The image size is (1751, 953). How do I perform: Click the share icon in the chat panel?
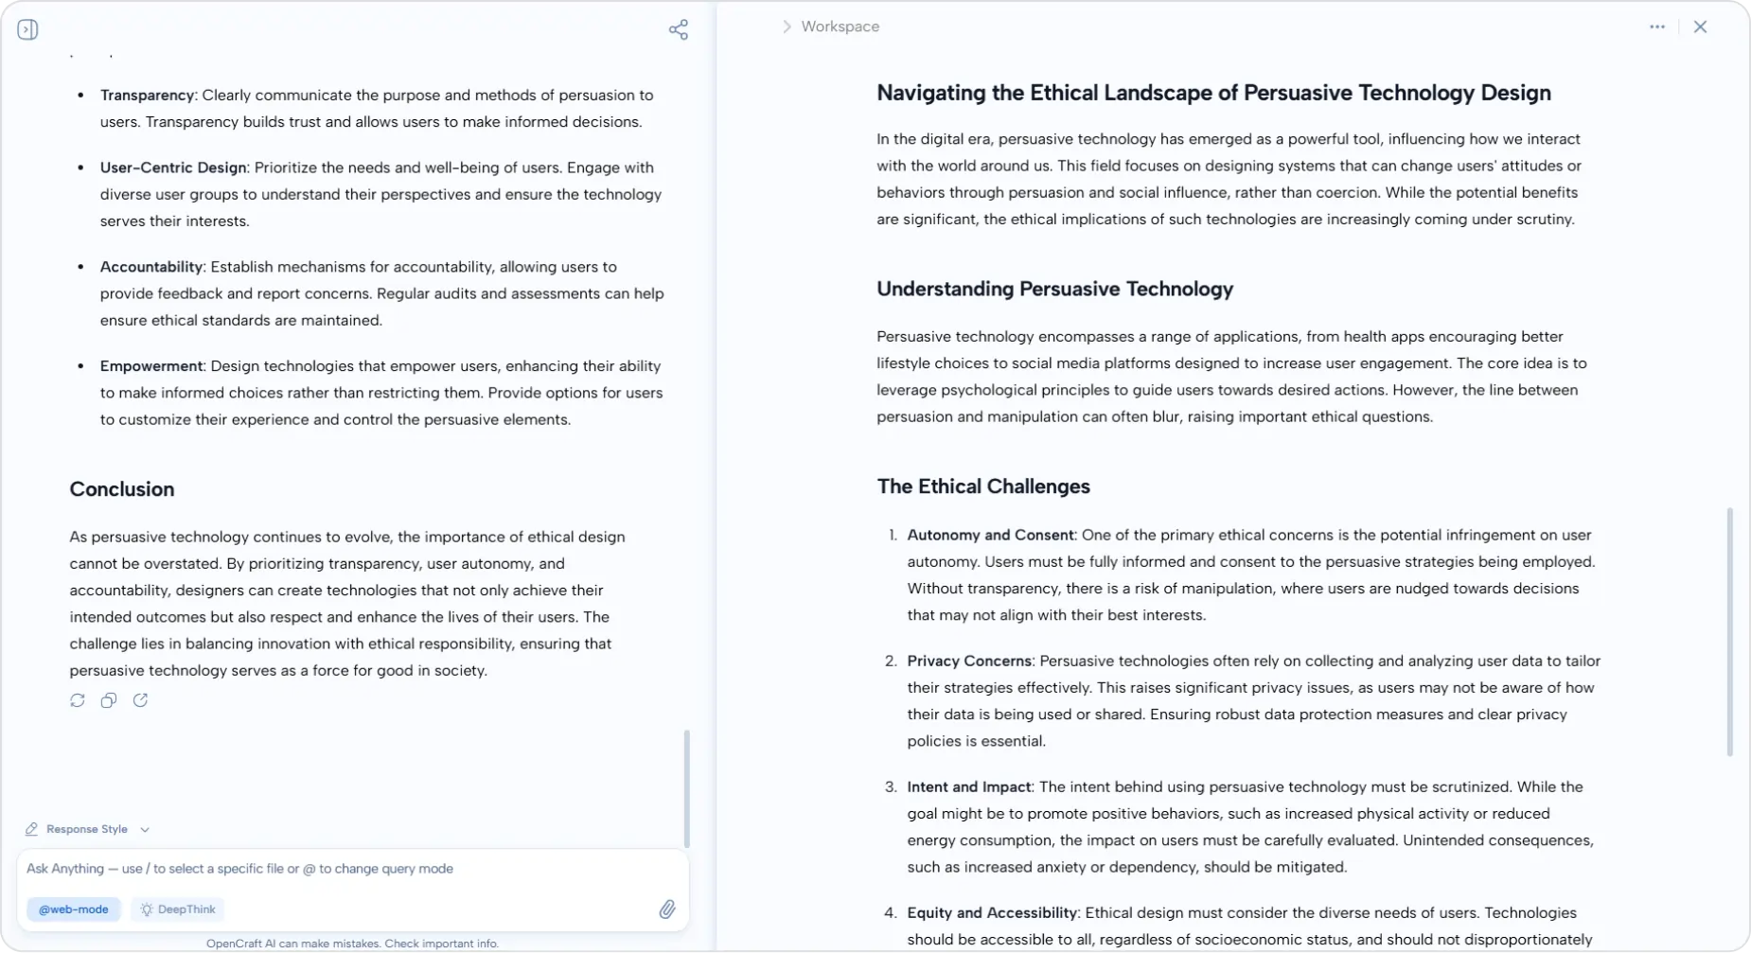[x=678, y=29]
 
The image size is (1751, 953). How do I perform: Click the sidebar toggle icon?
[x=27, y=29]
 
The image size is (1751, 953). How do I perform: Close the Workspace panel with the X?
[x=1700, y=26]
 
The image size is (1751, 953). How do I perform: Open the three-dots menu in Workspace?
[x=1656, y=26]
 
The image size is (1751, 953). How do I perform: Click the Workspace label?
[x=840, y=26]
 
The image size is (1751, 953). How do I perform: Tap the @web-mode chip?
[x=73, y=909]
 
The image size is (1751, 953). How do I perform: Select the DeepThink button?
[x=178, y=909]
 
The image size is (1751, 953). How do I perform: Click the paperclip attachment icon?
[x=667, y=909]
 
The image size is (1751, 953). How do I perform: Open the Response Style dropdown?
[x=87, y=829]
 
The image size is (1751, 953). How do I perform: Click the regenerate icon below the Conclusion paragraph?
[x=78, y=700]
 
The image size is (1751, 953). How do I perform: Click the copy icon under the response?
[x=109, y=700]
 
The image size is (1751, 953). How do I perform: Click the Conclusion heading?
[x=122, y=489]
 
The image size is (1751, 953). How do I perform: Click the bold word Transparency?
[x=147, y=95]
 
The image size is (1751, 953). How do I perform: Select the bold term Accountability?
[x=151, y=267]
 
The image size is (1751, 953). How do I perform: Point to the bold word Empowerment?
[x=151, y=366]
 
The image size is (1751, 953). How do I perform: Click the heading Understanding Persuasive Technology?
[x=1054, y=289]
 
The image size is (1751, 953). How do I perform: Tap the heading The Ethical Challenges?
[x=983, y=486]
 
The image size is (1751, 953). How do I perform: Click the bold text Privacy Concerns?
[x=969, y=661]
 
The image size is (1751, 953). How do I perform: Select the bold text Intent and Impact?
[x=968, y=786]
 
